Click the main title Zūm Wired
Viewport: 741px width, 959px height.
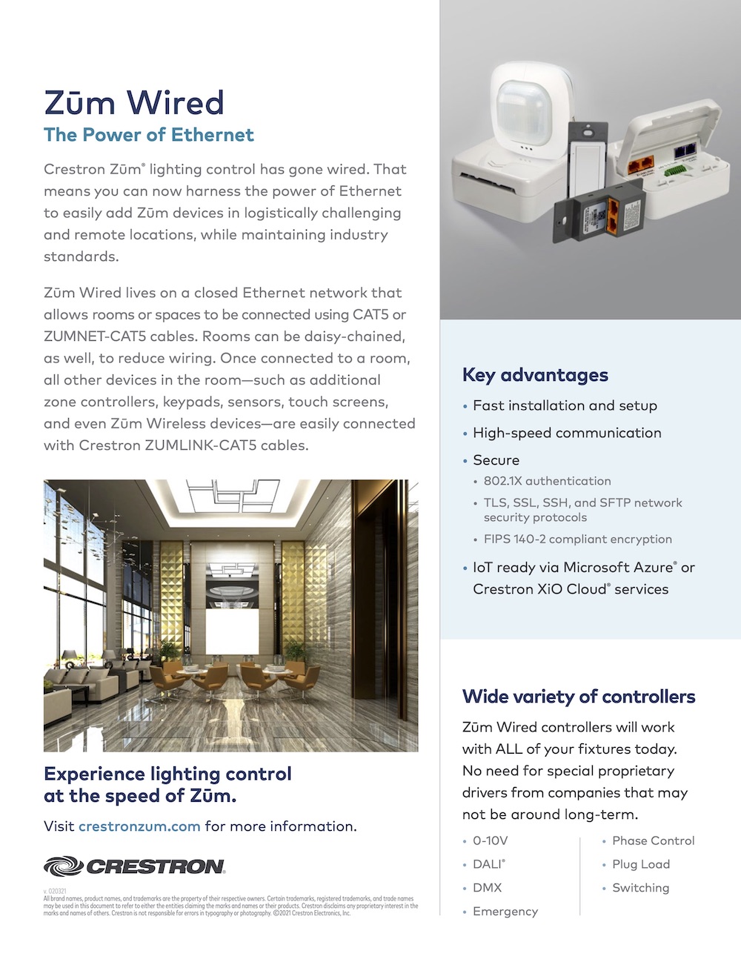[133, 102]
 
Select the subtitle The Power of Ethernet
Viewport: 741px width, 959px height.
[148, 135]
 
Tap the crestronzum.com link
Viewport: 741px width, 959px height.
[139, 826]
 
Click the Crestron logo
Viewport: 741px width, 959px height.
[134, 866]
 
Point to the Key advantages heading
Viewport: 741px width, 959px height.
[535, 375]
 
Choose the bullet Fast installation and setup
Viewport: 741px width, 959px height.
[565, 405]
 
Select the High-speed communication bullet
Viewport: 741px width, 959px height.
[567, 433]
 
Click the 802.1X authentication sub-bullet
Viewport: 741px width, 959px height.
[547, 481]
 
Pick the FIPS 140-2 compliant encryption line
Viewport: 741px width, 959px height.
[577, 540]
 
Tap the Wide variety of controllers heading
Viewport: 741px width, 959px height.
[579, 697]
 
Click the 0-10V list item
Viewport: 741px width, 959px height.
[490, 840]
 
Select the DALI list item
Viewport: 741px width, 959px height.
[488, 864]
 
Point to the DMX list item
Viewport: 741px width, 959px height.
[487, 888]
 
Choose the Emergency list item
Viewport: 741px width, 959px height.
[505, 912]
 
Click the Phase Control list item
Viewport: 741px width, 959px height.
[653, 840]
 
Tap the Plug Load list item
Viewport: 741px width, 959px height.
[640, 864]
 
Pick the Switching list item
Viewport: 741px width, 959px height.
[640, 888]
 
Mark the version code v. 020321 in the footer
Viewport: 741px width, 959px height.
[55, 892]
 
